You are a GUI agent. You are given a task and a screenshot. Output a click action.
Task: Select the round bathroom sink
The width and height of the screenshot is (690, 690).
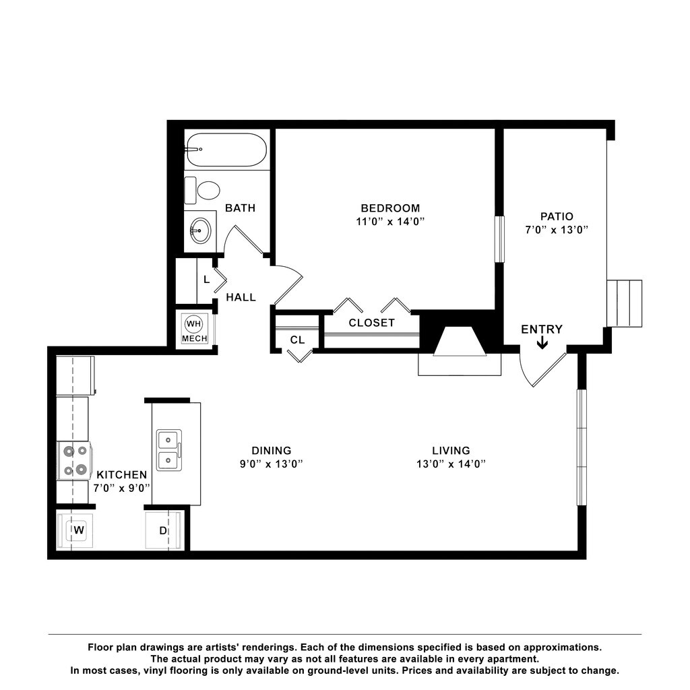pyautogui.click(x=199, y=231)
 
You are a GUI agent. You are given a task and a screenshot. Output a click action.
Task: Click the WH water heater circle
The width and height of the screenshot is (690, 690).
pyautogui.click(x=194, y=323)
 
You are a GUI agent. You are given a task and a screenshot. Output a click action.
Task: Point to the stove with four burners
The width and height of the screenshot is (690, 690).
pyautogui.click(x=74, y=461)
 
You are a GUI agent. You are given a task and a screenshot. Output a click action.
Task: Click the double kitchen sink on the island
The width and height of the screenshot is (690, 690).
pyautogui.click(x=168, y=450)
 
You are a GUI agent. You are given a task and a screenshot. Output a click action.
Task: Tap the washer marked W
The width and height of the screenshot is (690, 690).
pyautogui.click(x=78, y=530)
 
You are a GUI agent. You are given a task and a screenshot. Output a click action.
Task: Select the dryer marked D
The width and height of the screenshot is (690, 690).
pyautogui.click(x=162, y=530)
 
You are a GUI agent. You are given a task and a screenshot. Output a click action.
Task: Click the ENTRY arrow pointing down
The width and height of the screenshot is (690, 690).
pyautogui.click(x=542, y=344)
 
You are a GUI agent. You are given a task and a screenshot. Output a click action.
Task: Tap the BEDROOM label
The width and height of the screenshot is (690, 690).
pyautogui.click(x=390, y=208)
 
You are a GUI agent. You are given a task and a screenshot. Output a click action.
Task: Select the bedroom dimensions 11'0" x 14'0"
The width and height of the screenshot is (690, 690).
pyautogui.click(x=390, y=221)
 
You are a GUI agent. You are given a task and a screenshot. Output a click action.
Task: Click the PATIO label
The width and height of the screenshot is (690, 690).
pyautogui.click(x=557, y=216)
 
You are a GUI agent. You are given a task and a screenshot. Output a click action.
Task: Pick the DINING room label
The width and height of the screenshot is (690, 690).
pyautogui.click(x=272, y=450)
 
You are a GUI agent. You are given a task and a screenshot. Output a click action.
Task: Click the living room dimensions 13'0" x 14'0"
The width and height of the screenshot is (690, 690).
pyautogui.click(x=451, y=464)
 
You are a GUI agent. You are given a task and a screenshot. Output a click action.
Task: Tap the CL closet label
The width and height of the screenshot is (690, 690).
pyautogui.click(x=297, y=340)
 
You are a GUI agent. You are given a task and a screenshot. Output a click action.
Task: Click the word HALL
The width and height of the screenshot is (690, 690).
pyautogui.click(x=241, y=296)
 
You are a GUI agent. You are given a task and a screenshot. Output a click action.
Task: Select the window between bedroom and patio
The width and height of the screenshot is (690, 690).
pyautogui.click(x=499, y=238)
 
